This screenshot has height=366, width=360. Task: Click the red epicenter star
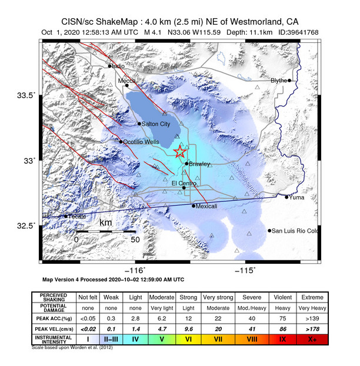(x=180, y=152)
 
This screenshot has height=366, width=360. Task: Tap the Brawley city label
(x=200, y=164)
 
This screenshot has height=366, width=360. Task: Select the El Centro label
(x=182, y=183)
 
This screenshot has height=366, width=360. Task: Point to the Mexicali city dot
(x=194, y=206)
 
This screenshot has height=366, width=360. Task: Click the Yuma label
(x=296, y=197)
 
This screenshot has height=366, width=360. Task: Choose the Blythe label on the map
(x=279, y=80)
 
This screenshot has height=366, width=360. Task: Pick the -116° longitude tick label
(x=137, y=268)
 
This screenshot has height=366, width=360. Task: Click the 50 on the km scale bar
(x=135, y=239)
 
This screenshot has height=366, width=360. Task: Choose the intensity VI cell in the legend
(x=189, y=340)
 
